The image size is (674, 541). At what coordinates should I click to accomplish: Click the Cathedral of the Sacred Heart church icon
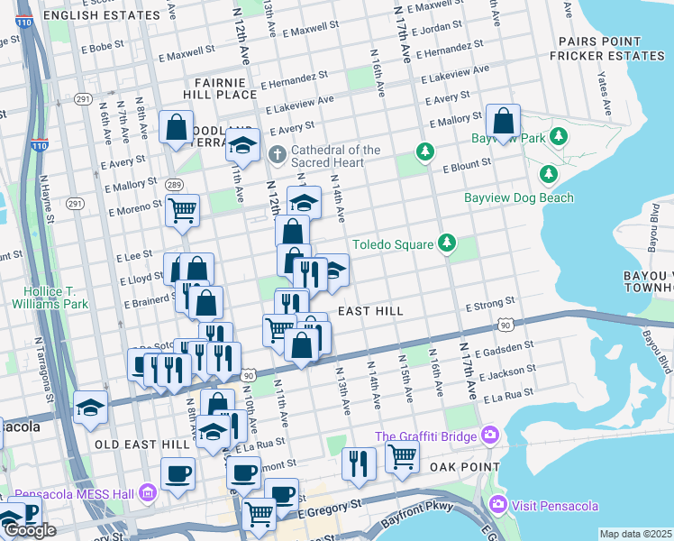277,155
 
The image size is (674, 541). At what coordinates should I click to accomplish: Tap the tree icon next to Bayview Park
559,137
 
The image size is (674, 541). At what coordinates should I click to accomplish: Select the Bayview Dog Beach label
518,197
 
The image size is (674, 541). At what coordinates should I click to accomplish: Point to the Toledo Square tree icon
445,243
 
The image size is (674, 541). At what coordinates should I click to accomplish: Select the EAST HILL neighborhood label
369,311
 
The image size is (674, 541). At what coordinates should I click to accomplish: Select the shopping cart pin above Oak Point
402,455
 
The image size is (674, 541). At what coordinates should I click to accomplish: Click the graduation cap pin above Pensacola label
90,408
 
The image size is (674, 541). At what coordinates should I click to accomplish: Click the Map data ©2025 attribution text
635,534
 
